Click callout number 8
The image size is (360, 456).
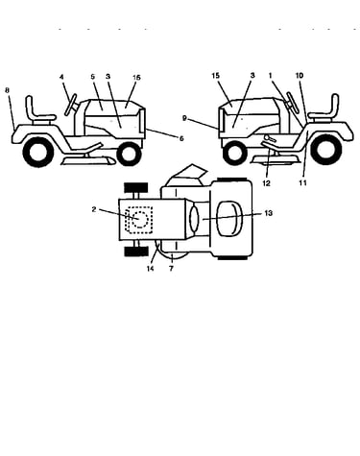tap(8, 90)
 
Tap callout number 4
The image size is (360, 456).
tap(61, 77)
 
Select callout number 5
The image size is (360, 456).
tap(93, 77)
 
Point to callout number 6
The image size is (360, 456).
tap(181, 138)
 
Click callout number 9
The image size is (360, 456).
tap(184, 118)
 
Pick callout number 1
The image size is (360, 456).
tap(271, 76)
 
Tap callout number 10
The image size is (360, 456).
tap(300, 76)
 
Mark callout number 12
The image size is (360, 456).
tap(266, 183)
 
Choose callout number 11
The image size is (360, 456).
tap(302, 182)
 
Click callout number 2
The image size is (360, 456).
tap(94, 209)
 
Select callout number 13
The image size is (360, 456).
tap(269, 213)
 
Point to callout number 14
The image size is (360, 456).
tap(150, 269)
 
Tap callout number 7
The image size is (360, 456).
tap(171, 269)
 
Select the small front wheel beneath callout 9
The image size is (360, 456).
tap(234, 153)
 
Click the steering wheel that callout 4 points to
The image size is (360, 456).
tap(71, 105)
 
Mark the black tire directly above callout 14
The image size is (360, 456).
tap(136, 252)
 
